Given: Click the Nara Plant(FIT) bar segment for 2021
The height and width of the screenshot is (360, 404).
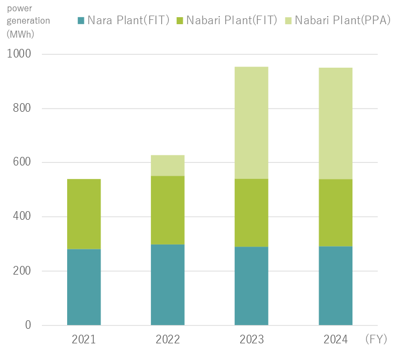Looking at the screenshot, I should point(84,287).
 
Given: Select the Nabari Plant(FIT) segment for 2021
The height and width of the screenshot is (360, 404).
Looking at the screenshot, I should point(84,214).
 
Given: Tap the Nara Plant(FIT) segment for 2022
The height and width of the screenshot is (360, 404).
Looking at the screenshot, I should point(168,285).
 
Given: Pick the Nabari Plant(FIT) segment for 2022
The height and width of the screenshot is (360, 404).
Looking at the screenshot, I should point(168,210).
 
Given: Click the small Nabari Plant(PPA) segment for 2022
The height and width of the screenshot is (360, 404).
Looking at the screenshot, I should point(168,165).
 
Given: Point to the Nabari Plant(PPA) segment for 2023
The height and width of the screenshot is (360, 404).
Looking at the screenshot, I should point(251,123).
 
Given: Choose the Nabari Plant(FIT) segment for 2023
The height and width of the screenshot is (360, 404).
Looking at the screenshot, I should point(251,213).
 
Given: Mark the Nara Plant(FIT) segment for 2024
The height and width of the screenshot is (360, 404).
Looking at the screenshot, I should point(335,286).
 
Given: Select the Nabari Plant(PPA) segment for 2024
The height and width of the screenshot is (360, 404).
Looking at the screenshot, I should point(335,123).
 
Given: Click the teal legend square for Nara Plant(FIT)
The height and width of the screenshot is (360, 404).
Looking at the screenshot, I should point(81,21).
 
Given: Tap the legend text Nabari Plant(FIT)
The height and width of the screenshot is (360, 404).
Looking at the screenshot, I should point(232,21).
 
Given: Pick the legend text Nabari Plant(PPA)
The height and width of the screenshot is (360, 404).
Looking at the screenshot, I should point(342,21).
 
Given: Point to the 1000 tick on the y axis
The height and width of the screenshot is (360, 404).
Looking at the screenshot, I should point(19,54).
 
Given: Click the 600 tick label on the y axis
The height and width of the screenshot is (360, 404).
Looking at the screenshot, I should point(22,162).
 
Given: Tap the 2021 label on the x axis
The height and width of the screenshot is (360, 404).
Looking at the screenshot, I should point(84,340).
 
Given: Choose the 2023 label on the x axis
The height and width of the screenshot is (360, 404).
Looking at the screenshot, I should point(251,340).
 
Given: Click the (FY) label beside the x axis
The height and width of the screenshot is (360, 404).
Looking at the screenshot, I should point(379,340).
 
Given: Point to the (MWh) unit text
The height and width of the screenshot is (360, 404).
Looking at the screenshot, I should point(20,33).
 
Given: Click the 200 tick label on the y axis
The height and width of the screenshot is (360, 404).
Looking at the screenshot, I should point(22,271).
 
